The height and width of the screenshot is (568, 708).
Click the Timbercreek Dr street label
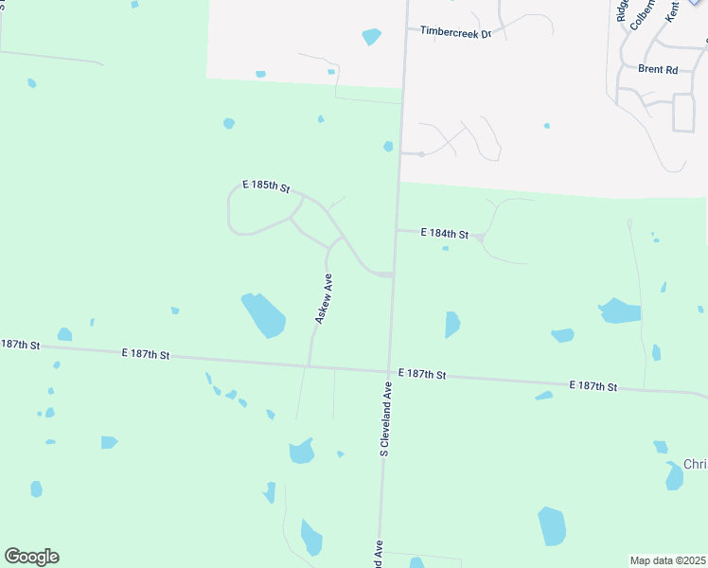[456, 33]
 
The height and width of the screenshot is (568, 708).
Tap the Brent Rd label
[658, 69]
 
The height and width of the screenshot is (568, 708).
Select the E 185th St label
[265, 186]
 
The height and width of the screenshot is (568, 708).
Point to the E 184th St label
[446, 233]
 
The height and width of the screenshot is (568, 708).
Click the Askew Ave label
[324, 299]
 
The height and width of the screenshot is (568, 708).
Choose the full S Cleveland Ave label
[386, 419]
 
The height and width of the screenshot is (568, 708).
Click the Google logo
[31, 557]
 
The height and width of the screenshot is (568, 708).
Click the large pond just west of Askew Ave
[263, 314]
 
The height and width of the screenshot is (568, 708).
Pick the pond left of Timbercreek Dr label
[371, 37]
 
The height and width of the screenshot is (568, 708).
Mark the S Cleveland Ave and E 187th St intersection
[388, 370]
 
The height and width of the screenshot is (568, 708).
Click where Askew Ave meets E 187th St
[309, 365]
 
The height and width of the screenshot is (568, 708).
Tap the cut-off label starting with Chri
[695, 465]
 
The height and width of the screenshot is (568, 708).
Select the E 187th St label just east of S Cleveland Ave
[422, 375]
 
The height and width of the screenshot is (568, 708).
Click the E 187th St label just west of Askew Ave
[145, 354]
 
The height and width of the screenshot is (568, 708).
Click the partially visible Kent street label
[673, 10]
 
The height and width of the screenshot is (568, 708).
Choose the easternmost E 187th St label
[593, 386]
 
